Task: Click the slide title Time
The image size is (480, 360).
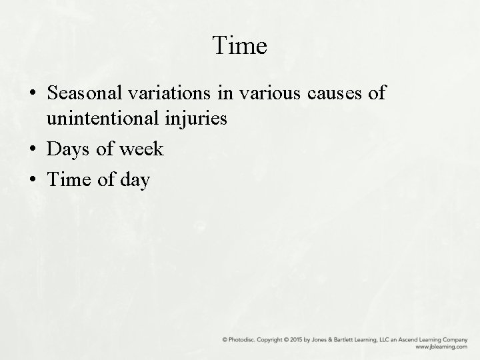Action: click(x=240, y=46)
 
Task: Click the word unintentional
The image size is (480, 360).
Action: click(x=94, y=119)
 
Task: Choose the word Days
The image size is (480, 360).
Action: click(x=68, y=149)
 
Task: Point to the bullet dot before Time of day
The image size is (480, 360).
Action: click(x=33, y=180)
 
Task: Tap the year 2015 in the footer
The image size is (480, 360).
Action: click(x=310, y=340)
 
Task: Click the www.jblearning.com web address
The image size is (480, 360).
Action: click(x=442, y=347)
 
